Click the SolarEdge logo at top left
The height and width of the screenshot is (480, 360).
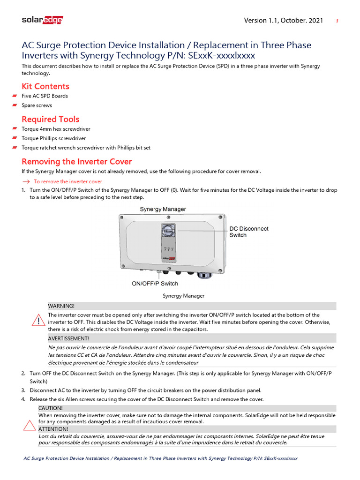pyautogui.click(x=42, y=20)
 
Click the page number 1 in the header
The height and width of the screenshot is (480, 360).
pyautogui.click(x=337, y=21)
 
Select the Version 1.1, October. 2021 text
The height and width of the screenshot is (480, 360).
pyautogui.click(x=283, y=21)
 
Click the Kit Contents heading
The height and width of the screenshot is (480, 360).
pyautogui.click(x=45, y=86)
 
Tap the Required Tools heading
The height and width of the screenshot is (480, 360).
pyautogui.click(x=51, y=119)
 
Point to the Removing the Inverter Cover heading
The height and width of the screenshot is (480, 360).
pyautogui.click(x=77, y=162)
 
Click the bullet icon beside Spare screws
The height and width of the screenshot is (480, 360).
pyautogui.click(x=15, y=105)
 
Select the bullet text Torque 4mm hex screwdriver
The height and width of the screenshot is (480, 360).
pyautogui.click(x=56, y=129)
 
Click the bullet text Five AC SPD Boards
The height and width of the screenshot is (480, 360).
pyautogui.click(x=45, y=96)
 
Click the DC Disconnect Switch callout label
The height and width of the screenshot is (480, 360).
pyautogui.click(x=248, y=232)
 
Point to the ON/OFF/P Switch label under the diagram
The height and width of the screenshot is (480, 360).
pyautogui.click(x=155, y=284)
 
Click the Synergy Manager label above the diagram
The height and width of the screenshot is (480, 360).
pyautogui.click(x=163, y=209)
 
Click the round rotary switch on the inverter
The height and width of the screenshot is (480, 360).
pyautogui.click(x=167, y=230)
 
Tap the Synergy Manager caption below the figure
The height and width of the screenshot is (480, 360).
pyautogui.click(x=183, y=296)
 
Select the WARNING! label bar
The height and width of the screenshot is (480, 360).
pyautogui.click(x=61, y=306)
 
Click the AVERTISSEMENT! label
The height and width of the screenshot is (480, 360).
pyautogui.click(x=68, y=338)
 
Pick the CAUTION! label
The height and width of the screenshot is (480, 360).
pyautogui.click(x=50, y=408)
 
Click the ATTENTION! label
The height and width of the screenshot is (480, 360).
pyautogui.click(x=53, y=429)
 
